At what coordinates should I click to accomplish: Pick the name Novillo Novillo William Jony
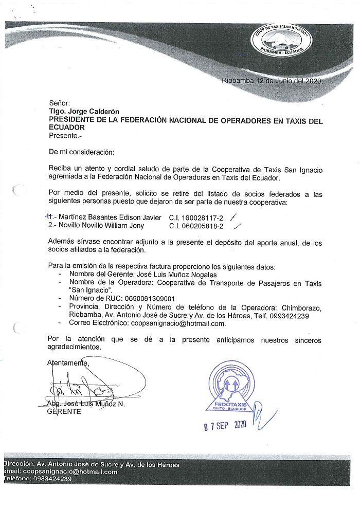point(103,225)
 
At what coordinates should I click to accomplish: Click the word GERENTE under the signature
point(64,412)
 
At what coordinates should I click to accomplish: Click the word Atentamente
point(67,363)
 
